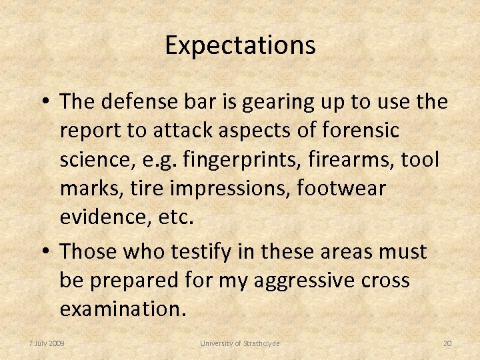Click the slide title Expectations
pos(240,45)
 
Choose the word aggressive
pos(284,281)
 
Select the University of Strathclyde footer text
pos(240,343)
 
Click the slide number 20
pos(447,343)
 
